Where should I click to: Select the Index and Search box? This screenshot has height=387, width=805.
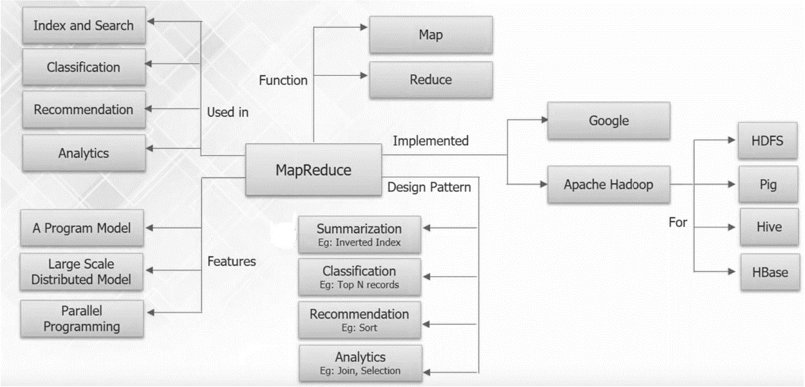pos(84,26)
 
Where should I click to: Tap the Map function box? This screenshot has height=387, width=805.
pos(430,34)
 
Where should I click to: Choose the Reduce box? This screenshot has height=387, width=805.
pos(430,79)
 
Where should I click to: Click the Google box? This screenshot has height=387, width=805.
pos(609,120)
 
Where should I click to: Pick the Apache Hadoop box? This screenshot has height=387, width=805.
pos(609,185)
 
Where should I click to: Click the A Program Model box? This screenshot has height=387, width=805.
pos(82,228)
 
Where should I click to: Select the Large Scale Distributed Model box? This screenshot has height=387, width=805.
pos(82,272)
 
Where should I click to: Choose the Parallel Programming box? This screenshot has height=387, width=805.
pos(82,317)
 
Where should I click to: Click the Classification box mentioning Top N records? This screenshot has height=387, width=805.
pos(359,277)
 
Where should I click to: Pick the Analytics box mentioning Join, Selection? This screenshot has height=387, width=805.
pos(359,363)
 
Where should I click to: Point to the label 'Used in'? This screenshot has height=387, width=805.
pos(229,111)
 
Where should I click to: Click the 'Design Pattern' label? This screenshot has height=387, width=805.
pos(429,187)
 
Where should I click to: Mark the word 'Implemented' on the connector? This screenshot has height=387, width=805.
pos(430,141)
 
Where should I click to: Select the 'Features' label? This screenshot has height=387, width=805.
pos(232,262)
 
